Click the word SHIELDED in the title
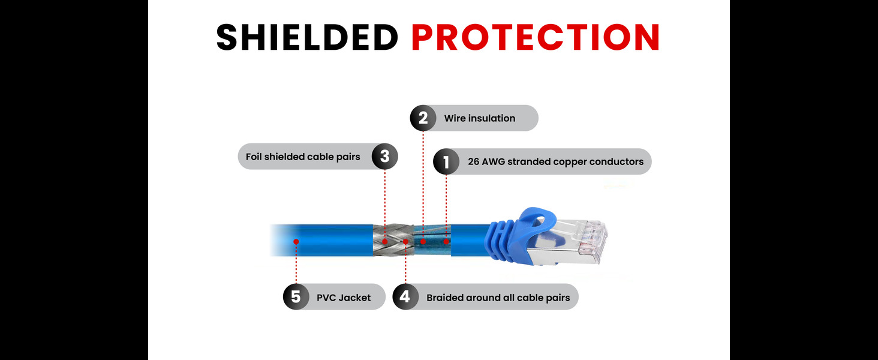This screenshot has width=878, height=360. (307, 37)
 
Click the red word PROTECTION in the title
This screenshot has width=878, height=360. (536, 37)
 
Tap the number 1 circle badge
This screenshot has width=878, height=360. (446, 161)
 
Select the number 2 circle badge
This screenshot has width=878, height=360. (423, 118)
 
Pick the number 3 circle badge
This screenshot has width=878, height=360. (384, 157)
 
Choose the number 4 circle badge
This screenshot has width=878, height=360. (405, 296)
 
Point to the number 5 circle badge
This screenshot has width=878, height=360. (296, 296)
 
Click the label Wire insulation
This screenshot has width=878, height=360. (479, 118)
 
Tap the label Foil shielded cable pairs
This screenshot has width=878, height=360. (303, 157)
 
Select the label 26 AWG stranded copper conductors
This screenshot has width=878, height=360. (555, 161)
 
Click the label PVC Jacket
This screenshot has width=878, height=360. (344, 297)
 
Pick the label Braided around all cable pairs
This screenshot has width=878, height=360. (498, 297)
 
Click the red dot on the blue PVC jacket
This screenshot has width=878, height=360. (296, 241)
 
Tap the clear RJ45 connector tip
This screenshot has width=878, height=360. (594, 231)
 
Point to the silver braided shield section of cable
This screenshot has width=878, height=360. (393, 242)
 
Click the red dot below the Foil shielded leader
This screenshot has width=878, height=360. (384, 241)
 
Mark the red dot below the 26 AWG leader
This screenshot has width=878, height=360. (446, 241)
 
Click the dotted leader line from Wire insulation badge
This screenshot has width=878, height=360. (423, 180)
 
